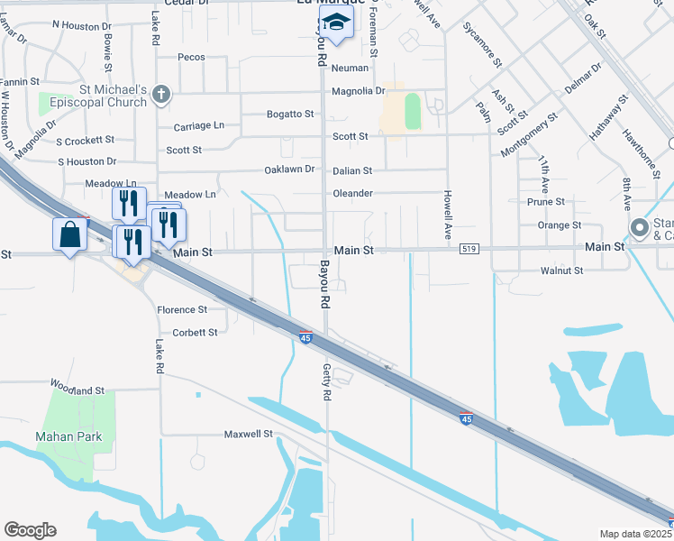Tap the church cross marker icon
point(161,93)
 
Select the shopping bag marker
point(69,235)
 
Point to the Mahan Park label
point(68,437)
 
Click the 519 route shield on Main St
point(468,248)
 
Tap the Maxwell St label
point(248,434)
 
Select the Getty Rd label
point(328,384)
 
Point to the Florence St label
point(182,309)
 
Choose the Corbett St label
point(195,332)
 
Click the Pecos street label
point(192,57)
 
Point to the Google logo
point(30,530)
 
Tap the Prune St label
point(547,202)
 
